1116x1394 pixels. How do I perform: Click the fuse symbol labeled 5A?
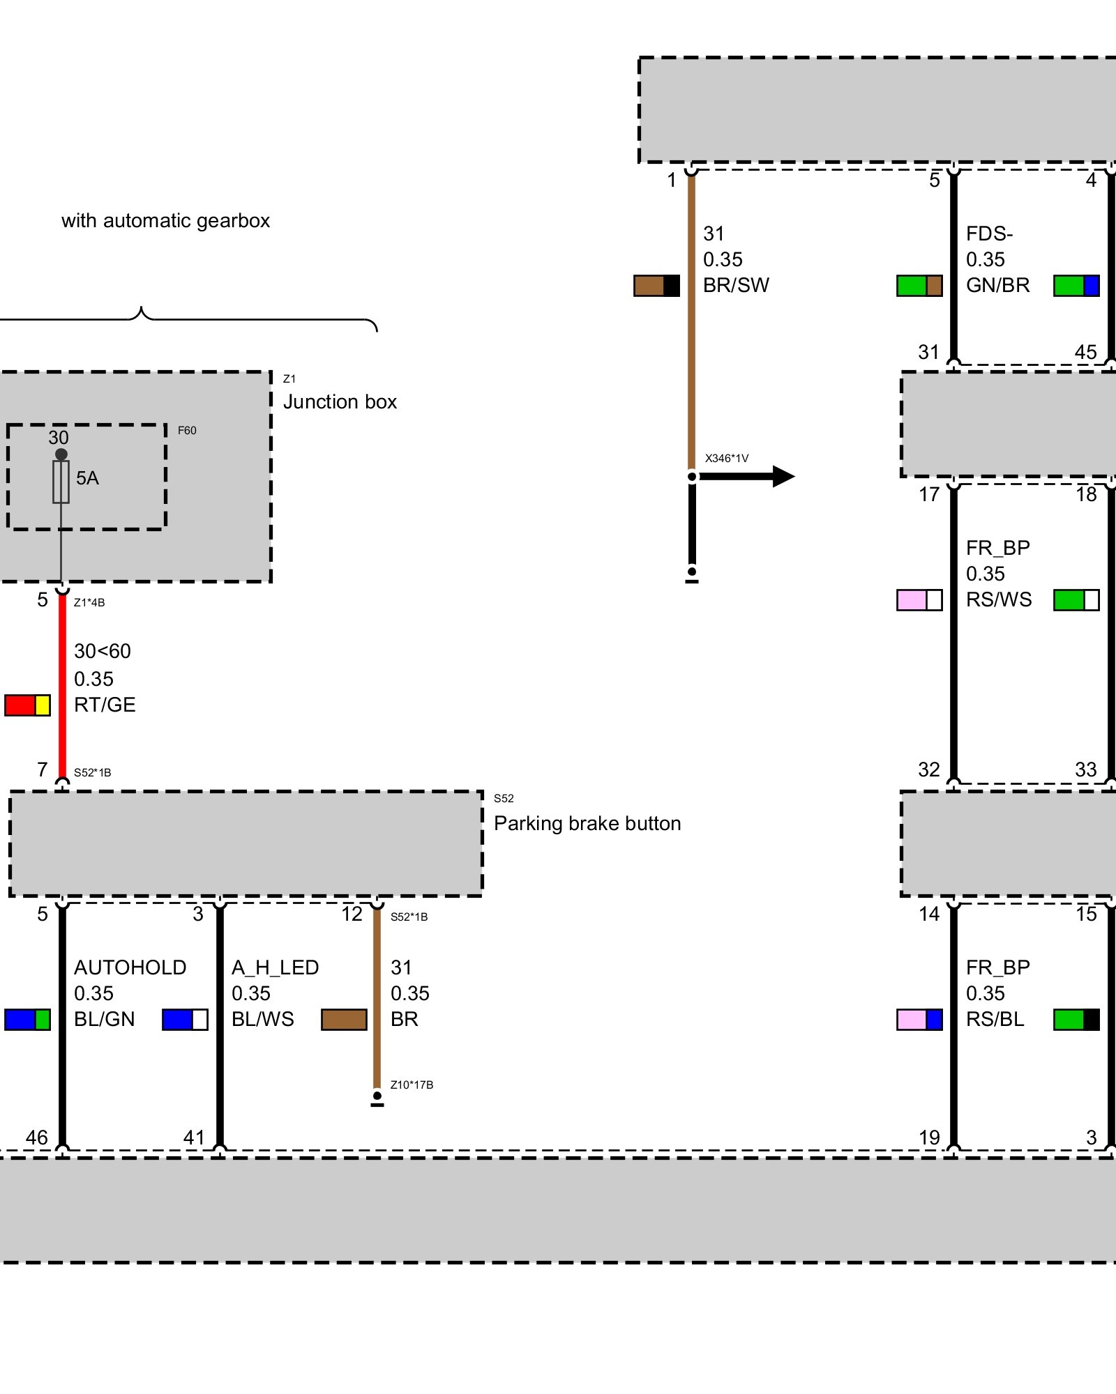pos(61,482)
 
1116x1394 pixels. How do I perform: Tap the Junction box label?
pos(340,402)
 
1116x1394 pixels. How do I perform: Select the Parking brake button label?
pos(587,824)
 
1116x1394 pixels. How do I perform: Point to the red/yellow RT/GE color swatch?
pos(27,705)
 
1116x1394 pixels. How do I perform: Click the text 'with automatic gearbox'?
pos(165,221)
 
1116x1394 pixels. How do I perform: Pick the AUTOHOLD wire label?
pos(130,967)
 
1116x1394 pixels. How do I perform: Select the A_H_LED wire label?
pos(275,967)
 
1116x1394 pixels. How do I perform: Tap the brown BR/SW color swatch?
pos(656,286)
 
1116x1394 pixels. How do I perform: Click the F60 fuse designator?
pos(187,431)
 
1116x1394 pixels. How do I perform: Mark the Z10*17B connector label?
pos(412,1085)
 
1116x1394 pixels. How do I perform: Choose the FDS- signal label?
pos(989,233)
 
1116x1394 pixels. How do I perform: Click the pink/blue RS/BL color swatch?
pos(919,1020)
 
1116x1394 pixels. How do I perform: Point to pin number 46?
pos(36,1138)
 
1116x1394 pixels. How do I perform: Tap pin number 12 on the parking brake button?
pos(352,914)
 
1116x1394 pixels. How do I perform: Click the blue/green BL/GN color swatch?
pos(27,1020)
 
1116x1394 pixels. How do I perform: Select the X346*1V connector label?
pos(726,459)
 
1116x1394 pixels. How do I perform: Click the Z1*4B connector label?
pos(89,603)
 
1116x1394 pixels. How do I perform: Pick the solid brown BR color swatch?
pos(344,1020)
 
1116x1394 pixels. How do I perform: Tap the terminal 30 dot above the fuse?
pos(61,454)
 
